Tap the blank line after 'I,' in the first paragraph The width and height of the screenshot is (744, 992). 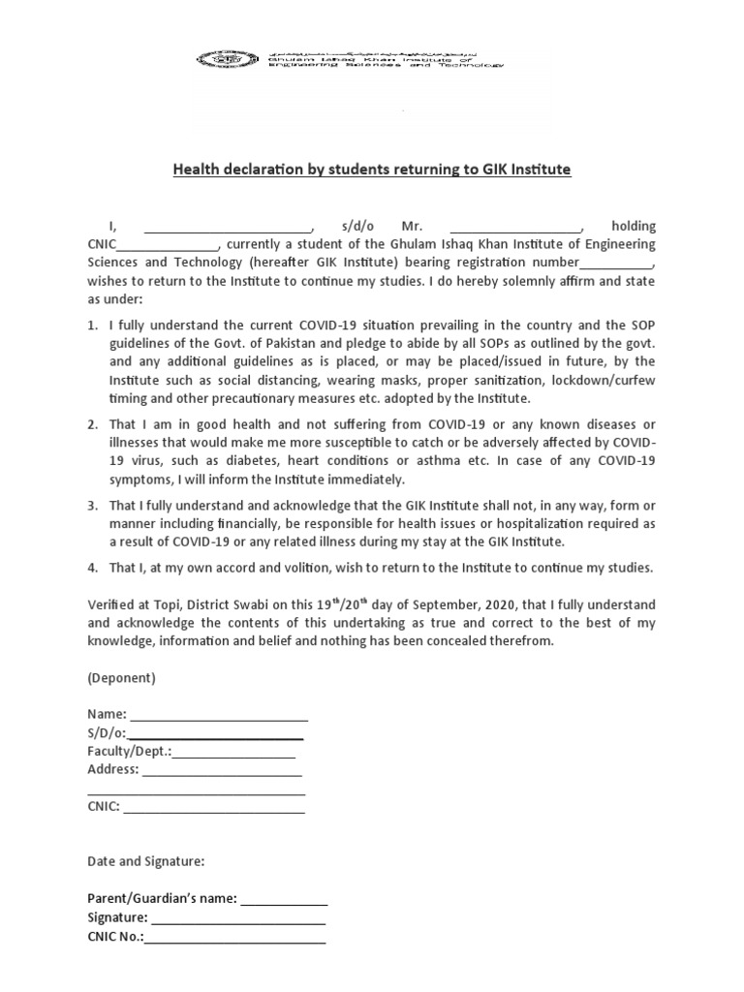[228, 226]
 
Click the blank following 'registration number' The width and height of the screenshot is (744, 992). [616, 263]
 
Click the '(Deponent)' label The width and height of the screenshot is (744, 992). [121, 677]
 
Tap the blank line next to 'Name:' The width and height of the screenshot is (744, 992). [219, 715]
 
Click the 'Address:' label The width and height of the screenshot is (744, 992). [113, 769]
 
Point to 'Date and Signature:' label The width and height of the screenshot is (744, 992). [145, 860]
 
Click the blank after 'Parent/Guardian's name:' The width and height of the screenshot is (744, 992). [284, 898]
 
